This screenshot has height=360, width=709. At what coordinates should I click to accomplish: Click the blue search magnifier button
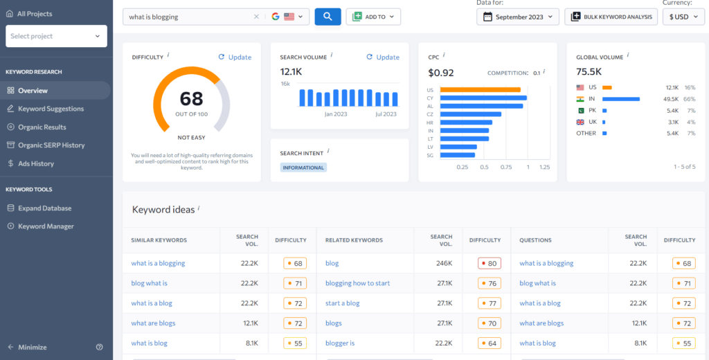tap(327, 17)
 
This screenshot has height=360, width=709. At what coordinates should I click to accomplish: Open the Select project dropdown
tap(56, 36)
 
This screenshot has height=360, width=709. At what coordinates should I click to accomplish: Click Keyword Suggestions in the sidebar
tap(51, 109)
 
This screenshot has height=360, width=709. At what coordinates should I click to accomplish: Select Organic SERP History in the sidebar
tap(51, 145)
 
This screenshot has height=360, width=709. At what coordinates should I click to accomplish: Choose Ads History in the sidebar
tap(36, 163)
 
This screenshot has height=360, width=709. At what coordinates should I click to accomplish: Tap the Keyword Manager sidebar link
tap(46, 226)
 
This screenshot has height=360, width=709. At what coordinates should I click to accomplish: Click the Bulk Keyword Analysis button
tap(611, 17)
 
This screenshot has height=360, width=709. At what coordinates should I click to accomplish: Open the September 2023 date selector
tap(518, 17)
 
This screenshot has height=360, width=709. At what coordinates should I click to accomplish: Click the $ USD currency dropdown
tap(683, 17)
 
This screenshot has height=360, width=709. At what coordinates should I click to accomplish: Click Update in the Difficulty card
tap(235, 57)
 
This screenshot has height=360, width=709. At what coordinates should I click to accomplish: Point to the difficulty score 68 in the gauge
tap(191, 99)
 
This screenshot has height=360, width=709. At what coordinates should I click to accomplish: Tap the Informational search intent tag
tap(303, 168)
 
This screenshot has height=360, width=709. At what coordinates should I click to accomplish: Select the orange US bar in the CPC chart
tap(480, 90)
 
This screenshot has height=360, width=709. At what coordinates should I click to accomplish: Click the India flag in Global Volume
tap(580, 99)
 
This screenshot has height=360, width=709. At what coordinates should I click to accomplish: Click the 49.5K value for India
tap(671, 99)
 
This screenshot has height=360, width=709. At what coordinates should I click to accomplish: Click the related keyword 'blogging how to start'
tap(357, 283)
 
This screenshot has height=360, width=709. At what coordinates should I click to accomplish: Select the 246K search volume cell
tap(443, 263)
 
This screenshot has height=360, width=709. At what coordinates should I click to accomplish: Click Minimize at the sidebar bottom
tap(33, 347)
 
